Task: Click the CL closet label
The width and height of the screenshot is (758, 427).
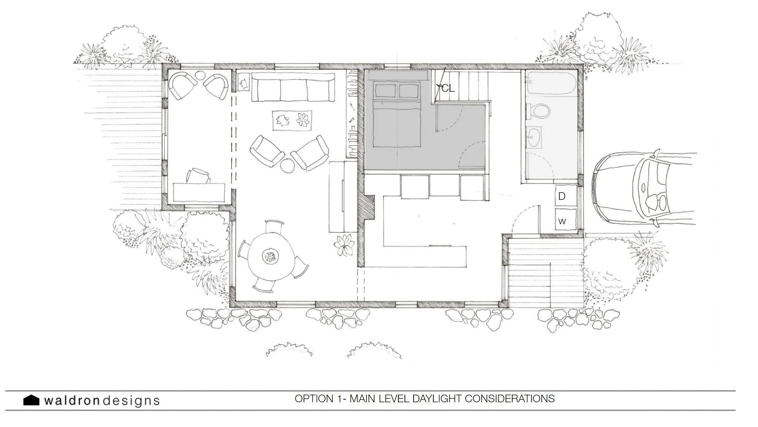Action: [x=448, y=88]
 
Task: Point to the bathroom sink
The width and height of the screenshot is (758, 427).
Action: [x=535, y=137]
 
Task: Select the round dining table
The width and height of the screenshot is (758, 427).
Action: [x=271, y=257]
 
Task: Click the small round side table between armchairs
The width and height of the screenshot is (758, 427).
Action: [x=288, y=166]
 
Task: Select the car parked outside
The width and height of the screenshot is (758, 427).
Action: [x=642, y=188]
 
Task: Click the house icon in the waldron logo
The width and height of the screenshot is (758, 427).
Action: [x=31, y=400]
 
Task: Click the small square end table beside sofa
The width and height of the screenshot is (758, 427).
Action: [x=244, y=82]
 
